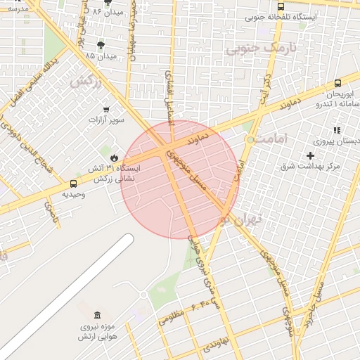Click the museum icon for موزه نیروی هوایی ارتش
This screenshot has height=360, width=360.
[x=97, y=314]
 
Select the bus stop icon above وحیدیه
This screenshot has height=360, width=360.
[x=73, y=184]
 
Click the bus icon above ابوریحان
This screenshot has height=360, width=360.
[x=338, y=83]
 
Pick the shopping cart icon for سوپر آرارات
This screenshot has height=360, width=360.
[x=106, y=109]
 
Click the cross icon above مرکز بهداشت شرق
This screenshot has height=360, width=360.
[x=310, y=155]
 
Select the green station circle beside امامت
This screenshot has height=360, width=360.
[x=250, y=140]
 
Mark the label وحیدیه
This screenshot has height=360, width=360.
[x=73, y=193]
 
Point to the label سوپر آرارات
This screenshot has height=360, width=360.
[x=106, y=120]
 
